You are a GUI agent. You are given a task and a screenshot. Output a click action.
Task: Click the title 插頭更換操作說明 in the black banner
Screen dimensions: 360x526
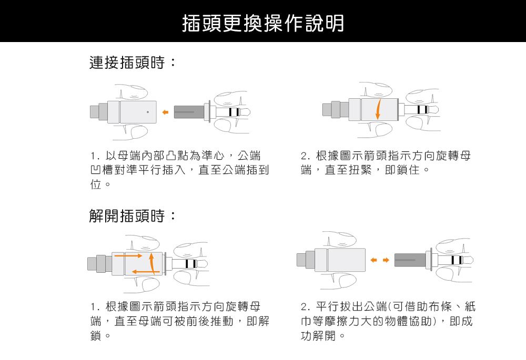[x=262, y=22]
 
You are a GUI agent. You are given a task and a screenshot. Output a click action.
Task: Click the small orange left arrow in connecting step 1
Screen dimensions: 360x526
[x=165, y=112]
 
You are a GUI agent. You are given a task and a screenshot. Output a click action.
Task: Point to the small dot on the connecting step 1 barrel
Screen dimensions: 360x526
[x=148, y=112]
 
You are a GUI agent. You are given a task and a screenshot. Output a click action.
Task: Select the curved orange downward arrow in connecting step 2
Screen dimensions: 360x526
[x=378, y=109]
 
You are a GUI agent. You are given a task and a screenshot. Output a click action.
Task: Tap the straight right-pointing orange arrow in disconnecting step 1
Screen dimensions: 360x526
[x=129, y=256]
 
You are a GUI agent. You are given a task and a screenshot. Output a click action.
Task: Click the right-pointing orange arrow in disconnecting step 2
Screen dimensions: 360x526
[x=386, y=260]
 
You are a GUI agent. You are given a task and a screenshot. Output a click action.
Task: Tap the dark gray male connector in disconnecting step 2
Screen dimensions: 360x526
[x=410, y=260]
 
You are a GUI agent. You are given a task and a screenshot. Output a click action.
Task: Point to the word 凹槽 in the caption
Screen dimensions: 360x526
[x=102, y=170]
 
